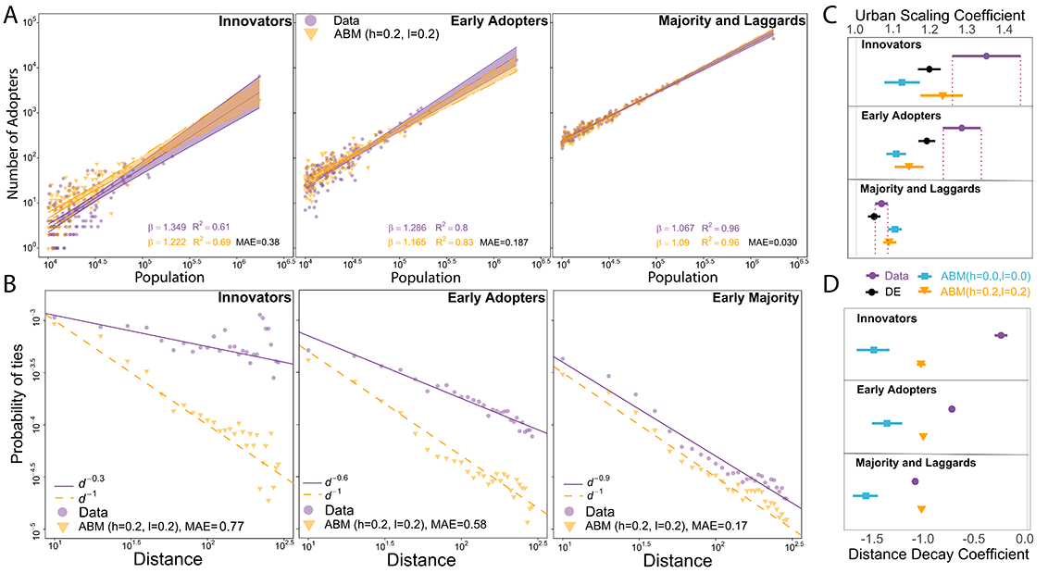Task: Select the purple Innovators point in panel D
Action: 1000,335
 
